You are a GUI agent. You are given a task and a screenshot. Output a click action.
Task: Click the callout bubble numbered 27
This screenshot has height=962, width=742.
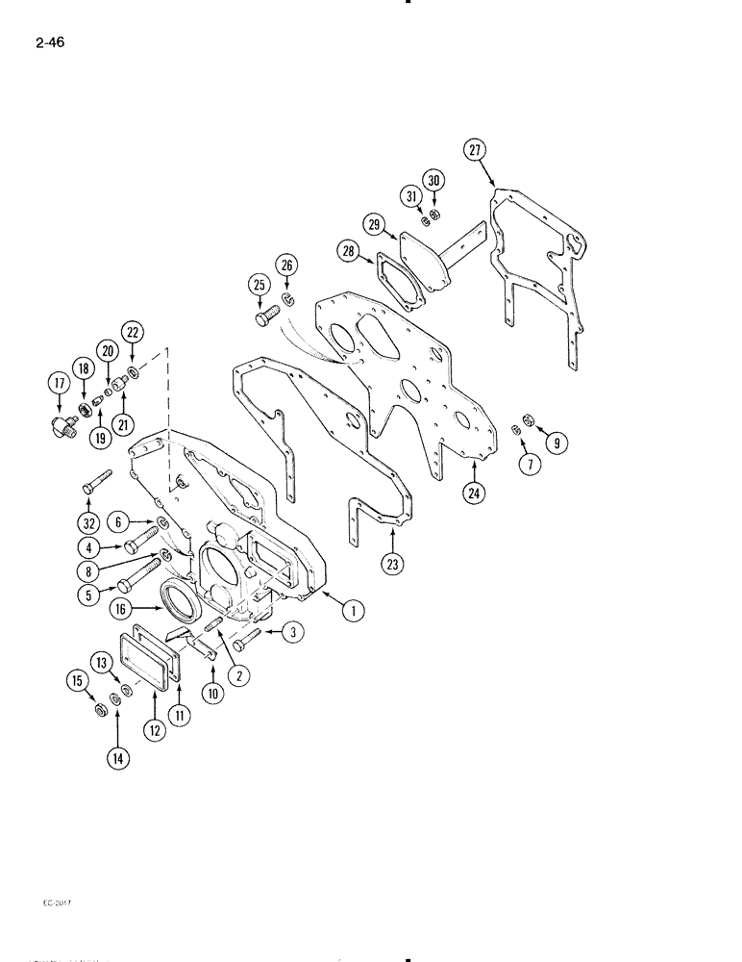[x=476, y=149]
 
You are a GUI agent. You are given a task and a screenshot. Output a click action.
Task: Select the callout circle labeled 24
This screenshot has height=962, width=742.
[x=474, y=494]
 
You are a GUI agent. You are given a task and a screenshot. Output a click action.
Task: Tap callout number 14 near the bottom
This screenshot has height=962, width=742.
[x=118, y=758]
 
